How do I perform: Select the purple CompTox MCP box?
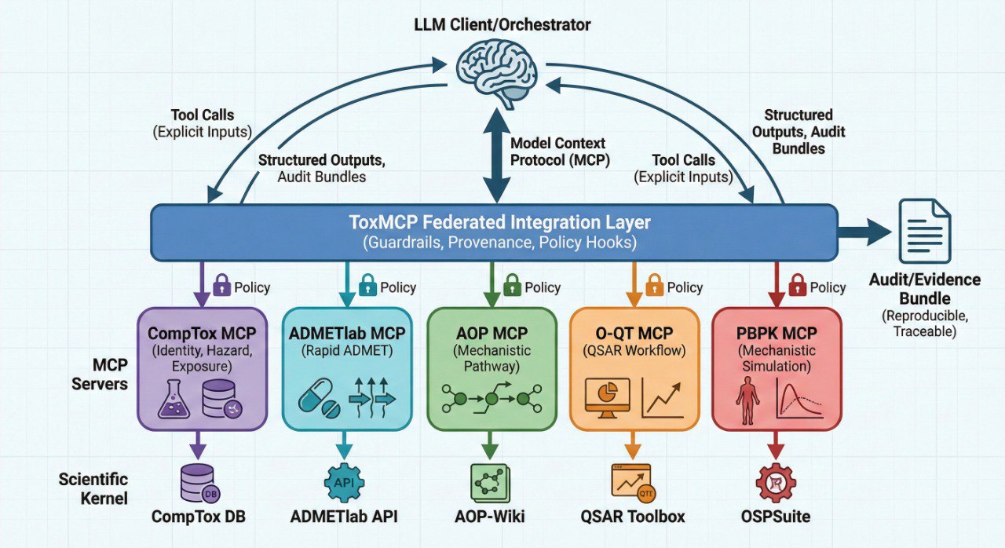tap(199, 368)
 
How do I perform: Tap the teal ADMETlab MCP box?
tap(345, 368)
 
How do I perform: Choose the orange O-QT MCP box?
tap(634, 368)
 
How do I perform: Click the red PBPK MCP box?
tap(777, 368)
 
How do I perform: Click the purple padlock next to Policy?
tap(221, 286)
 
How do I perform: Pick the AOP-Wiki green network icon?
tap(491, 482)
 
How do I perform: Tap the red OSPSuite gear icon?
tap(776, 482)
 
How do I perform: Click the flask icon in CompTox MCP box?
tap(174, 399)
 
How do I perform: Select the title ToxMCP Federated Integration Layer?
tap(499, 222)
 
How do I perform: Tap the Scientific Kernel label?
tap(92, 488)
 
